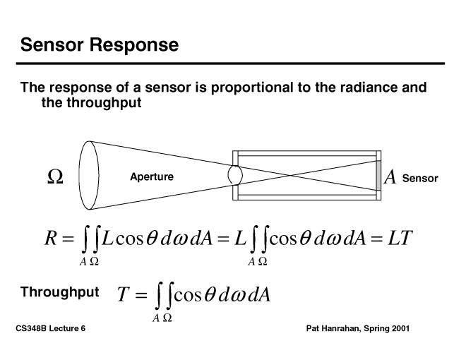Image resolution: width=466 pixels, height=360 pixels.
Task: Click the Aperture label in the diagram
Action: click(152, 176)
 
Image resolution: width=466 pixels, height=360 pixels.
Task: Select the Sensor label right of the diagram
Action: click(420, 179)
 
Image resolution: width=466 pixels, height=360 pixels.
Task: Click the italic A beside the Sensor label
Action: click(390, 177)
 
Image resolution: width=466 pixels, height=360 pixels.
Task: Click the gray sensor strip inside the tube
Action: click(378, 175)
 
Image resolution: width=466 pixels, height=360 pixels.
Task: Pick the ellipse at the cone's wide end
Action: click(89, 175)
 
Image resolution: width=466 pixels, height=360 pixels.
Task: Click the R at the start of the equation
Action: click(50, 239)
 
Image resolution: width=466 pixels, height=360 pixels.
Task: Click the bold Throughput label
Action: click(59, 292)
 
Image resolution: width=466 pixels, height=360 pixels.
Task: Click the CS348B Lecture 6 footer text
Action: click(53, 329)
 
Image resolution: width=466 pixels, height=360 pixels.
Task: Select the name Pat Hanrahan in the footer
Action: click(335, 329)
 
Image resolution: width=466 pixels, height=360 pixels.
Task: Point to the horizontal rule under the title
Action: click(232, 64)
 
